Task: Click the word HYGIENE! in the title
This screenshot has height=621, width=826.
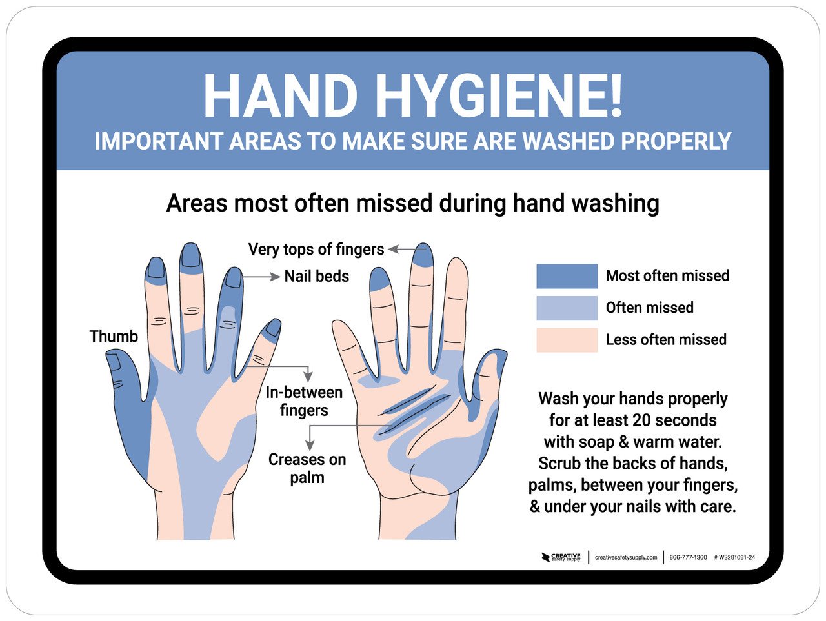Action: (x=499, y=96)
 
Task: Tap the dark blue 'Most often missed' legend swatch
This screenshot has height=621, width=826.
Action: (x=567, y=276)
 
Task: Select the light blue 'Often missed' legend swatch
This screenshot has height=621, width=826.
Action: (x=567, y=308)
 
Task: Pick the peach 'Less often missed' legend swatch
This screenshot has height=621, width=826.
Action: (x=567, y=340)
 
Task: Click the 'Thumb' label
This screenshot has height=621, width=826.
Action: (x=114, y=337)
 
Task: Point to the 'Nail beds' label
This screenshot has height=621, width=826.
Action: (x=316, y=277)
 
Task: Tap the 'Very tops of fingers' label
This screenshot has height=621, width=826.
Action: (x=316, y=250)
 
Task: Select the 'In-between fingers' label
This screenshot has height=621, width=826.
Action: (x=304, y=401)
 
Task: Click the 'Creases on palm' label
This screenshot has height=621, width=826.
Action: (x=307, y=468)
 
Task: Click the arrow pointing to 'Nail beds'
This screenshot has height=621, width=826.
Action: (x=261, y=277)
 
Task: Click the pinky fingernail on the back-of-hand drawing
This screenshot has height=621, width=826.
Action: (x=273, y=328)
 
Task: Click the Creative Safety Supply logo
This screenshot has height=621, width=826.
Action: (x=561, y=557)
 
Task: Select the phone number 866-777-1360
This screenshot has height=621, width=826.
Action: (x=688, y=557)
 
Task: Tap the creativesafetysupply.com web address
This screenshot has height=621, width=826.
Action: (x=626, y=557)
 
